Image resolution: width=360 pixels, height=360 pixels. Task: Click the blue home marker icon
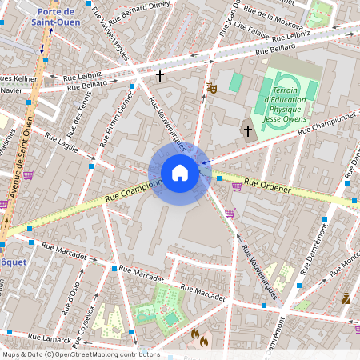pyautogui.click(x=179, y=173)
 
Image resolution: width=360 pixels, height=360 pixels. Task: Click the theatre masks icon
pyautogui.click(x=211, y=86)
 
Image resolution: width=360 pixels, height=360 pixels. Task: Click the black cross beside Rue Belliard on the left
pyautogui.click(x=160, y=75)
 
